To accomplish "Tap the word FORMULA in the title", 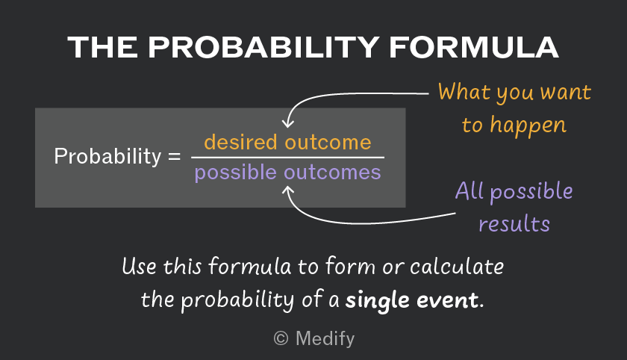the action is (x=474, y=48).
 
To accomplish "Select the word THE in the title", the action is (x=103, y=48).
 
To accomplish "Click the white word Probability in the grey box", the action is (x=107, y=156).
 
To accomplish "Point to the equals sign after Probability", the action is (x=175, y=156).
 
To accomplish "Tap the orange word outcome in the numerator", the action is (x=328, y=143).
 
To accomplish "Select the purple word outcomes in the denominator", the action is (x=332, y=173).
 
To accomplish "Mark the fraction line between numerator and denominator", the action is (x=288, y=158).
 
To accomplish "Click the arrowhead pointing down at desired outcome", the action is (x=288, y=123).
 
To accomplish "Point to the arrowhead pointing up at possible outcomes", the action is (x=288, y=191).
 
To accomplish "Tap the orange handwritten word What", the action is (x=464, y=92).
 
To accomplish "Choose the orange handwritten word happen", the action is (x=528, y=125).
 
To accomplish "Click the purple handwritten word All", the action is (x=470, y=190).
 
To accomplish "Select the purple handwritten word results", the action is (x=514, y=223).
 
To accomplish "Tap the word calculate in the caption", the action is (x=457, y=267).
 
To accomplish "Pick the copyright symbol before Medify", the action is (x=281, y=338).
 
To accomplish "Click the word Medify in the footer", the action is (x=325, y=339).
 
